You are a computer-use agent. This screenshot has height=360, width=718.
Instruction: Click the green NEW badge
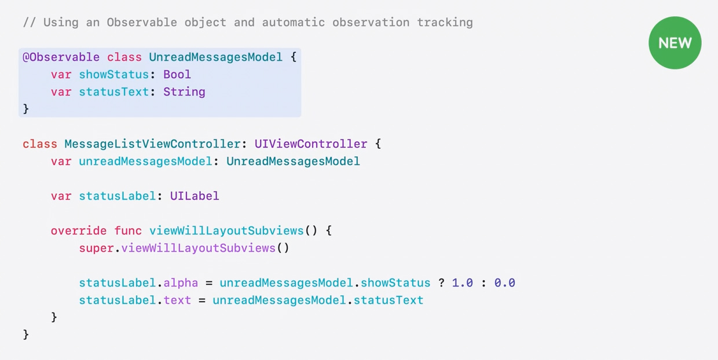pos(675,43)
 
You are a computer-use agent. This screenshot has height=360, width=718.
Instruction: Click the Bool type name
pos(177,75)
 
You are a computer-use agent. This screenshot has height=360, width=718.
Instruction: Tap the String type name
pos(184,92)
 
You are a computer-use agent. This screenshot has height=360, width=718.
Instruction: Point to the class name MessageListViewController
pos(156,144)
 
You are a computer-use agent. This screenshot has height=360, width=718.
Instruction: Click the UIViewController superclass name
pos(311,144)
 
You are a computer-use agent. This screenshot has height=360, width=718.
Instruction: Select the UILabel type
pos(195,196)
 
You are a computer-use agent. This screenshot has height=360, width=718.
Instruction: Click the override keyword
pos(79,231)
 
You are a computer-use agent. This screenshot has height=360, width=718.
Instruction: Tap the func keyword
pos(128,231)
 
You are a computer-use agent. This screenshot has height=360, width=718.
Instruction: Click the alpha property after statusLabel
pos(181,283)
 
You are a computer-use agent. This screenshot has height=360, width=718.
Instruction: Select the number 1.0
pos(463,283)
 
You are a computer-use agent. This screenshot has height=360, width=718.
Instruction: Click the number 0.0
pos(505,283)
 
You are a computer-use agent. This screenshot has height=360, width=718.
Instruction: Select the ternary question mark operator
pos(441,283)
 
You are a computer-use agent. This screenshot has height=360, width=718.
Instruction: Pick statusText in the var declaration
pos(113,92)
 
